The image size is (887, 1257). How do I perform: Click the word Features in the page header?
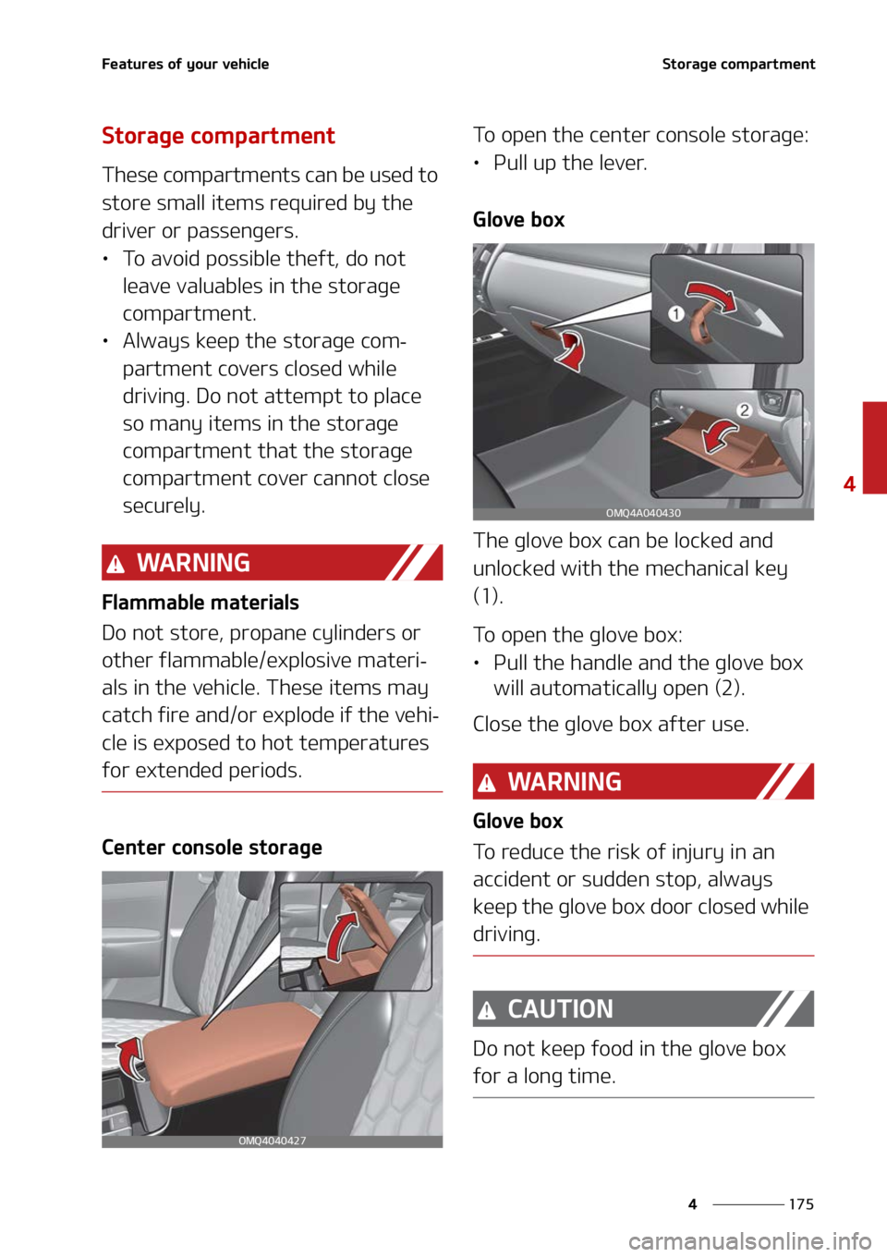pos(131,64)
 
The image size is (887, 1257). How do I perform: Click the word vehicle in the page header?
pos(245,64)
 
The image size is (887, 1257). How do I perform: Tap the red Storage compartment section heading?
pos(218,136)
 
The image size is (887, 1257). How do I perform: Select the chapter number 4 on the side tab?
pos(849,483)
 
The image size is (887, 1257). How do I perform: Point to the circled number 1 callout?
pos(676,314)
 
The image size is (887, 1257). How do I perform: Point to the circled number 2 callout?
pos(744,410)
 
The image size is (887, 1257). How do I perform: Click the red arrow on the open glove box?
pos(720,436)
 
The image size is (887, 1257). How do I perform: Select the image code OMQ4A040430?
pos(643,513)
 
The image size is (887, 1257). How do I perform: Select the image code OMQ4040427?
pos(272,1141)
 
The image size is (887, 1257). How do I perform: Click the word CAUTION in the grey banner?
pos(560,1009)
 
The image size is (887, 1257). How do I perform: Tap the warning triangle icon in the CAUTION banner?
pos(487,1011)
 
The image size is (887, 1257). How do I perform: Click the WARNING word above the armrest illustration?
pos(193,563)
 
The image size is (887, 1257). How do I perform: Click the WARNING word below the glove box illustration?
pos(565,782)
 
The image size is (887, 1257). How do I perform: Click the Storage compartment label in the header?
pos(738,64)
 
